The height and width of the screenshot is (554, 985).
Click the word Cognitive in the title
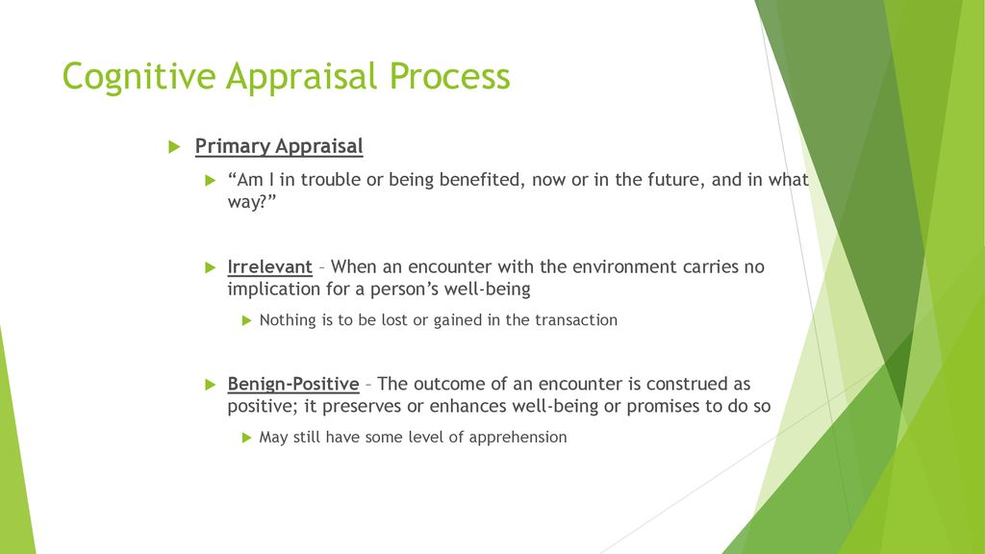point(139,77)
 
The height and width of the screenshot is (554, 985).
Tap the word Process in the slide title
point(450,76)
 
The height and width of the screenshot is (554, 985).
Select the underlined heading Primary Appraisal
point(279,146)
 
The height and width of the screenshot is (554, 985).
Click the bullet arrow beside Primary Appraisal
point(175,147)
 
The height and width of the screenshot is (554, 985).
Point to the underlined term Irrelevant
point(269,266)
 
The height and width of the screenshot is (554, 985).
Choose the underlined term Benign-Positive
point(293,384)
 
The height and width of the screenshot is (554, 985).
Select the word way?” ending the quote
point(252,202)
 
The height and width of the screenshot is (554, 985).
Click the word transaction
point(576,319)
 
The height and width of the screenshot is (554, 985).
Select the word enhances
point(468,406)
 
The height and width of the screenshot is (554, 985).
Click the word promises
point(664,407)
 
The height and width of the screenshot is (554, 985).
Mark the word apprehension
point(518,438)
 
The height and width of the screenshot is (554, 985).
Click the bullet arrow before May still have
point(247,438)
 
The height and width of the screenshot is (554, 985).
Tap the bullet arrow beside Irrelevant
point(211,267)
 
